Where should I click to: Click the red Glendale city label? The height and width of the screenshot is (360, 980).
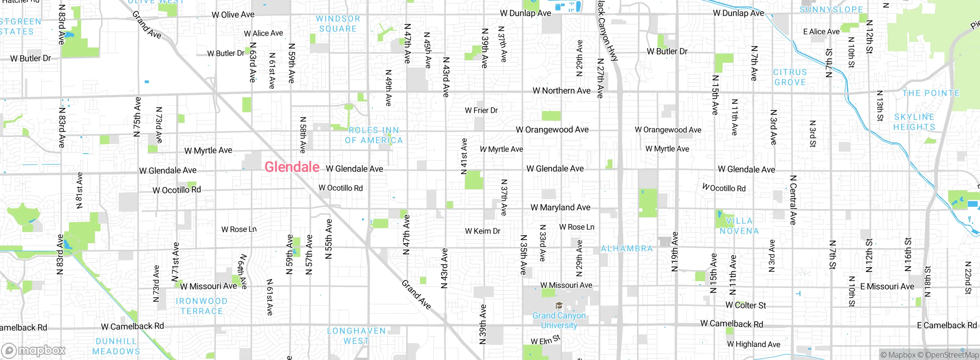[x=292, y=167]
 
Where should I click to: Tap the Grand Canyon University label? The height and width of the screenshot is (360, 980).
[x=559, y=321]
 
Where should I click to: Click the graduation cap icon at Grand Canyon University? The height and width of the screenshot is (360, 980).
[x=559, y=306]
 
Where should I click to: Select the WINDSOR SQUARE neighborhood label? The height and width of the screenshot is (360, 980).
[x=338, y=24]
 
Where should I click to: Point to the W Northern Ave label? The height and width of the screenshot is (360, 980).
[x=562, y=91]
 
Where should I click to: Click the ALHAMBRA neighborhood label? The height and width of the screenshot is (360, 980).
[x=627, y=249]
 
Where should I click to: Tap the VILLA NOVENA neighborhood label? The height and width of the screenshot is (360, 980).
[x=739, y=226]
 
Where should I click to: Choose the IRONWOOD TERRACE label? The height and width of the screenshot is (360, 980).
[x=202, y=306]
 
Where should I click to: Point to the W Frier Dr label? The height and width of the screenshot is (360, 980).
[x=481, y=111]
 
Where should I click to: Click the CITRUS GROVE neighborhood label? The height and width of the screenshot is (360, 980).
[x=790, y=77]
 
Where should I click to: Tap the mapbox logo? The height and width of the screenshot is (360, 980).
[x=34, y=350]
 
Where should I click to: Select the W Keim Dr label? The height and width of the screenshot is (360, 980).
[x=483, y=231]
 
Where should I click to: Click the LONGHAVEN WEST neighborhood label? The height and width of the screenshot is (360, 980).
[x=356, y=336]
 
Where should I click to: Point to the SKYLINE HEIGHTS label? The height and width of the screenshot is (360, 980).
[x=915, y=122]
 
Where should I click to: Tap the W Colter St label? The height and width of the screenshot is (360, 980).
[x=746, y=305]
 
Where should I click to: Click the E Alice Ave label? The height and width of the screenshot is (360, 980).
[x=821, y=32]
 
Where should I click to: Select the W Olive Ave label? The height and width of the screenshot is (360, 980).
[x=233, y=15]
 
